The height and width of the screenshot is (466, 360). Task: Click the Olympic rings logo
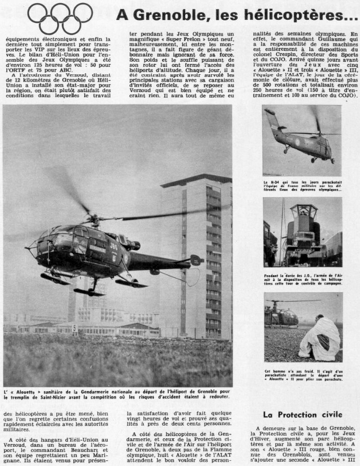(60, 18)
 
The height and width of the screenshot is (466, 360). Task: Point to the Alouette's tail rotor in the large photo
(197, 259)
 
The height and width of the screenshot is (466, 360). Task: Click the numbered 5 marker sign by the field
(74, 328)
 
